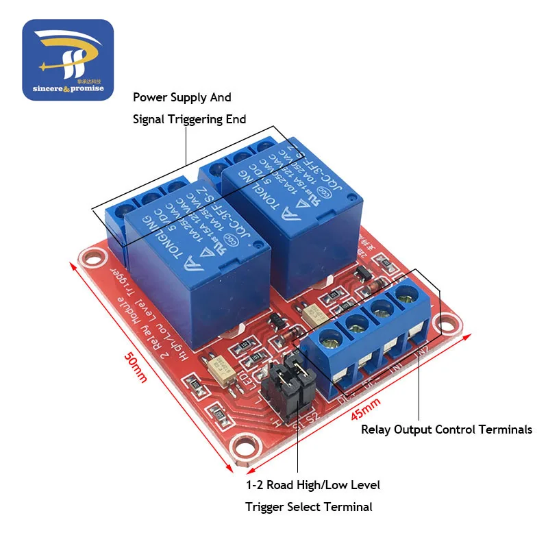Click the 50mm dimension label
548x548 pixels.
click(x=136, y=367)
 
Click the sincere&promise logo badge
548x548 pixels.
click(x=67, y=60)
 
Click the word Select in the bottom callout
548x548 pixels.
click(x=326, y=507)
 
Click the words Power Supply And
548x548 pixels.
click(x=182, y=97)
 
